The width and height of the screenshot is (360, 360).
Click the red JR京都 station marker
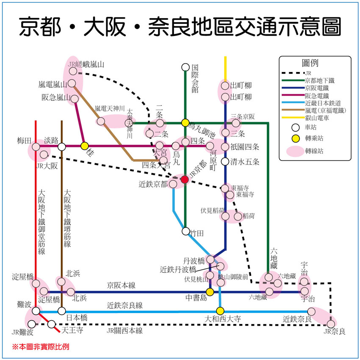185,179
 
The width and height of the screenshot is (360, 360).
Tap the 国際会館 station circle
185,67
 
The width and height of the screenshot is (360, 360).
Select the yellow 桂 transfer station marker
84,146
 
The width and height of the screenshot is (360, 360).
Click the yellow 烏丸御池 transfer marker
185,123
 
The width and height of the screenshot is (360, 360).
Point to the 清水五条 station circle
225,161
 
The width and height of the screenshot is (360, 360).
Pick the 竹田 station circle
186,231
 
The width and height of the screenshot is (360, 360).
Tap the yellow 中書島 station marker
210,292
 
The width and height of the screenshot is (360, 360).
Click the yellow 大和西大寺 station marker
220,311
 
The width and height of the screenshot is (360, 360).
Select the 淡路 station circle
61,147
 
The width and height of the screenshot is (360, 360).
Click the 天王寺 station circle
51,324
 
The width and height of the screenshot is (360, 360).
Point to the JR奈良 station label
334,332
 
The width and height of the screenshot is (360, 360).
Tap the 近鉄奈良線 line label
125,305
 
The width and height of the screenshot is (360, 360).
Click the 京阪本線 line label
121,285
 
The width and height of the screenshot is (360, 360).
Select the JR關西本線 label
125,331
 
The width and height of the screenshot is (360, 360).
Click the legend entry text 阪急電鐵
317,96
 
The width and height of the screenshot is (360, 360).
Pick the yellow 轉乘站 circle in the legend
296,138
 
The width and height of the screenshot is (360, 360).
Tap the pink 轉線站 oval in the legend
296,151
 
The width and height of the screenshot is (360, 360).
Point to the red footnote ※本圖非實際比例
40,347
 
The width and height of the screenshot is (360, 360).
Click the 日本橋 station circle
61,311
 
